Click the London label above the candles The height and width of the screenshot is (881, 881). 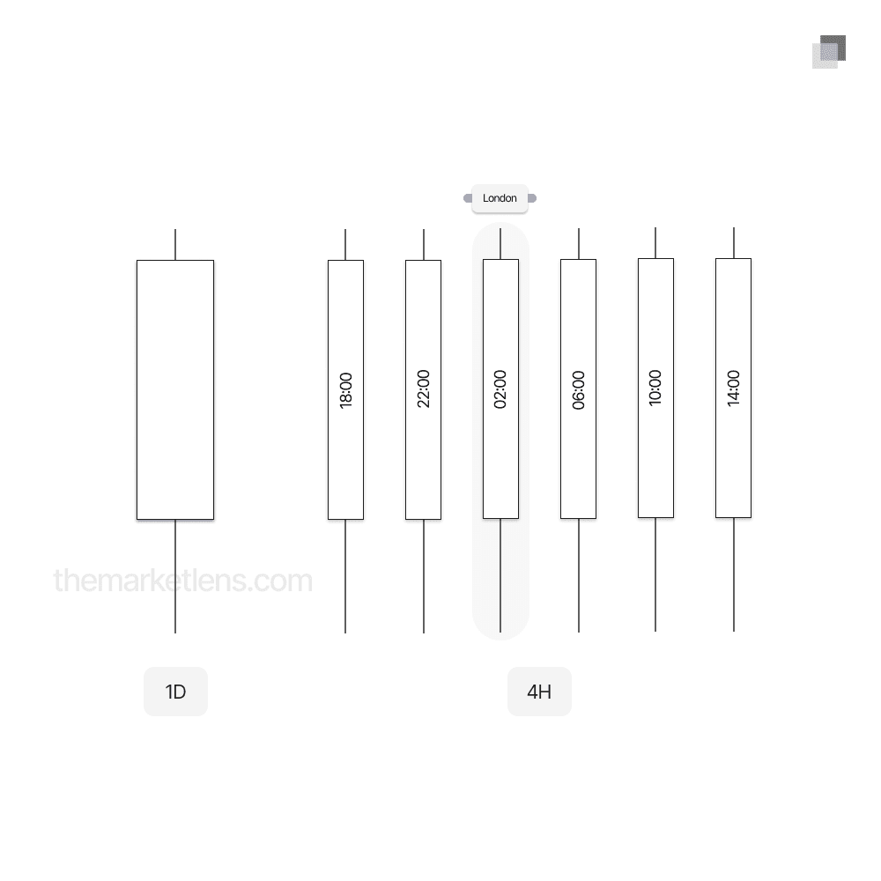click(500, 198)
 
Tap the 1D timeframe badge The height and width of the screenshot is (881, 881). click(176, 692)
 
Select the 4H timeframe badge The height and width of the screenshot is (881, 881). click(539, 692)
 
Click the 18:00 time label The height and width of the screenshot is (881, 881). click(346, 390)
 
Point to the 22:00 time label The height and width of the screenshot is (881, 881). click(424, 389)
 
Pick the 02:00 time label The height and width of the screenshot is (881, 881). click(500, 389)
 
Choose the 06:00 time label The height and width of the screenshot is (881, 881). click(578, 390)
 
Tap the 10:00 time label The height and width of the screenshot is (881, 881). click(655, 388)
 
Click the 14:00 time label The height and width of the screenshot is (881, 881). click(734, 389)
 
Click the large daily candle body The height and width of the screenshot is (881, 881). click(175, 390)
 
